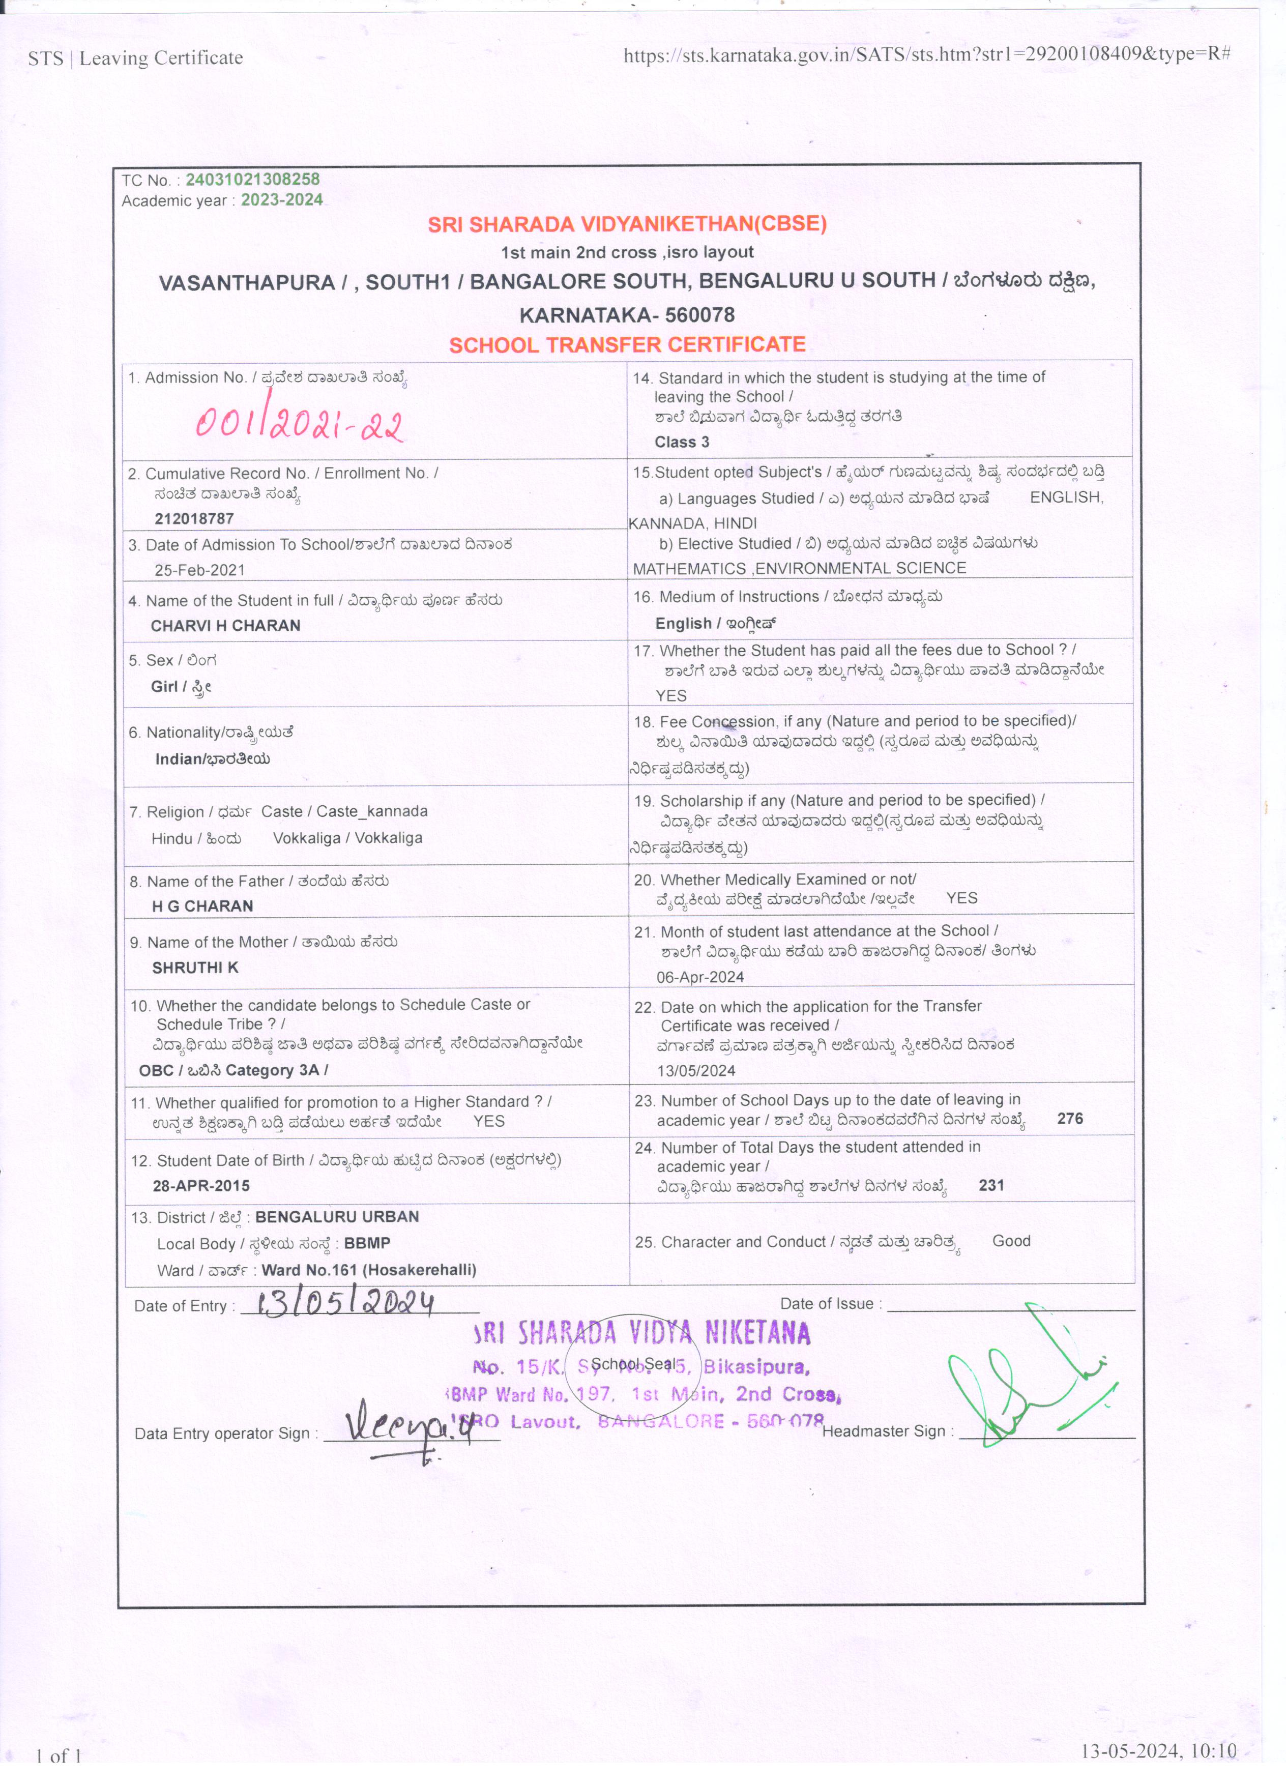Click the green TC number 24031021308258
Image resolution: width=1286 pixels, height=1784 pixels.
[252, 180]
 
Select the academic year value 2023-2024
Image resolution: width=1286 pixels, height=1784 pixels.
[282, 200]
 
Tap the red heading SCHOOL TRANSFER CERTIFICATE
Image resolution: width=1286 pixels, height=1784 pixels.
[627, 344]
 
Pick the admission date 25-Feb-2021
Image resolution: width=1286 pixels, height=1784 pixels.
[200, 570]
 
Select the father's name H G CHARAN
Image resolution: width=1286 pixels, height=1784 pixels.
[202, 905]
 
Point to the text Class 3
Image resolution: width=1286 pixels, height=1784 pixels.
[682, 442]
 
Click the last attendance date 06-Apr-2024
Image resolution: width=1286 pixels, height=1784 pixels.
[700, 977]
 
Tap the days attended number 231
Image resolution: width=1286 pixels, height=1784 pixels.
[991, 1185]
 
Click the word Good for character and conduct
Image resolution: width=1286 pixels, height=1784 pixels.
[1011, 1241]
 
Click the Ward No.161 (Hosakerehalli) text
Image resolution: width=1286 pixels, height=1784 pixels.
[369, 1270]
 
